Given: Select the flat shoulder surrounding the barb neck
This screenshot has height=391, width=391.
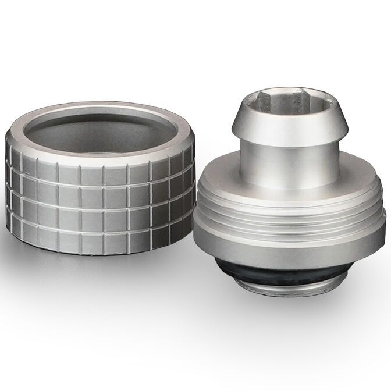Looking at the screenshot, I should coord(233,175).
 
